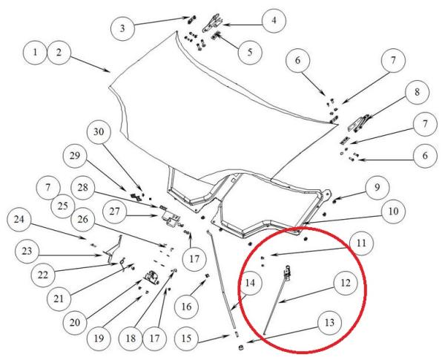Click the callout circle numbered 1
[x=35, y=53]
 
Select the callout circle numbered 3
[x=122, y=29]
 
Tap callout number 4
[x=274, y=21]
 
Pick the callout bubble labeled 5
[x=250, y=52]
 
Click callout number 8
[x=417, y=92]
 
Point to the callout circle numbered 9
[x=378, y=188]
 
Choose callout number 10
[x=393, y=212]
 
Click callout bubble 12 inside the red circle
[x=346, y=283]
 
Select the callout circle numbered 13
[x=329, y=323]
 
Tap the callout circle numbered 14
[x=250, y=283]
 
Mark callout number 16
[x=186, y=307]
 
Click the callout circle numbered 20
[x=75, y=323]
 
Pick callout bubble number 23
[x=27, y=252]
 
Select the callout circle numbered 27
[x=115, y=212]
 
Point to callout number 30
[x=99, y=132]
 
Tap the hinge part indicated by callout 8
[x=358, y=123]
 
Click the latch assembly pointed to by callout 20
[x=152, y=277]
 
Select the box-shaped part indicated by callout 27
[x=170, y=220]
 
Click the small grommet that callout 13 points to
[x=241, y=347]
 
